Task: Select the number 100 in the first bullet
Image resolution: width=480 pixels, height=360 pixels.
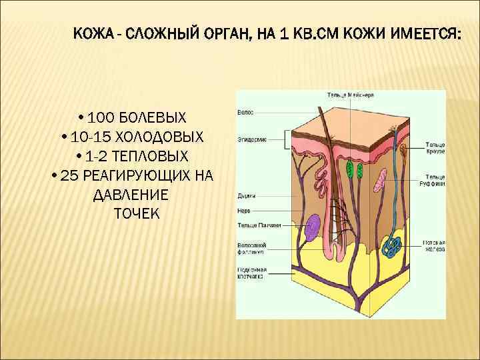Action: [101, 118]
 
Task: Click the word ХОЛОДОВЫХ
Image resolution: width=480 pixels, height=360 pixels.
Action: [159, 137]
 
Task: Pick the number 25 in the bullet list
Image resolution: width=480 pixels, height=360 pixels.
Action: [69, 176]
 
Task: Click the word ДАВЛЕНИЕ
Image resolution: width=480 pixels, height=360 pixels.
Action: [131, 195]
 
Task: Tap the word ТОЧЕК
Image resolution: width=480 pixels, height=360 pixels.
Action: [137, 214]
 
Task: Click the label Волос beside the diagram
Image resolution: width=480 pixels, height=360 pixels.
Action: [245, 113]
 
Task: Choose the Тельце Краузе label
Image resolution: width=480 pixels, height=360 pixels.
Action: [436, 147]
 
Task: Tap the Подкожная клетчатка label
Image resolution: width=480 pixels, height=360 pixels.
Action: [252, 273]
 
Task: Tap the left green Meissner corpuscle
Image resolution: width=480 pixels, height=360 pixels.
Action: [349, 169]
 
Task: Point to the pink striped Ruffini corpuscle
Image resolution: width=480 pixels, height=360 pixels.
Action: [381, 179]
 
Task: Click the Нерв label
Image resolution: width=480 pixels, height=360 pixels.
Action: [244, 211]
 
